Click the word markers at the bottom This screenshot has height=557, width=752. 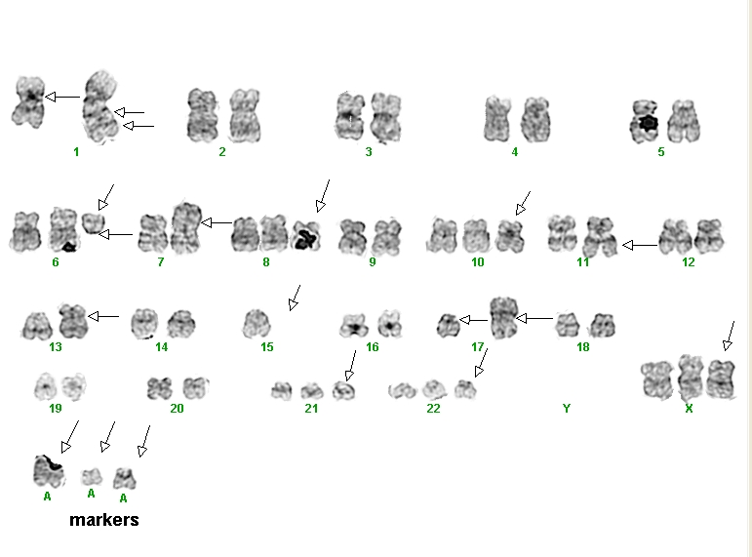(104, 520)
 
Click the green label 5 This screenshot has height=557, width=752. (661, 152)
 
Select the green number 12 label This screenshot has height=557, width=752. (689, 262)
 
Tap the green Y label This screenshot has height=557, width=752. (567, 409)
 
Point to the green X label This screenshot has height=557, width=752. (689, 409)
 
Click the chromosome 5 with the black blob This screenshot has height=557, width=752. (645, 121)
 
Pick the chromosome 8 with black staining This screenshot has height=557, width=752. (306, 235)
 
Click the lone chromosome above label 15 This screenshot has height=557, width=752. (257, 323)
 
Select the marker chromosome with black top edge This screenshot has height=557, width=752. (49, 471)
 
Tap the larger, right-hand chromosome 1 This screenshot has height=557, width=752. (100, 106)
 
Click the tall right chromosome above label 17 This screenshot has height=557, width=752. (503, 318)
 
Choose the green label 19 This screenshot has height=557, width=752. (56, 409)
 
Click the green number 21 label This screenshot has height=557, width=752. (311, 409)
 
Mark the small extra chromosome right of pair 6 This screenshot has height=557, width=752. (93, 223)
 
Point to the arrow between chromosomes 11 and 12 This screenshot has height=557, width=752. (640, 245)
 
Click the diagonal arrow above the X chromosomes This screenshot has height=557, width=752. (730, 336)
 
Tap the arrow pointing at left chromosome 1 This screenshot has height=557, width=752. (62, 97)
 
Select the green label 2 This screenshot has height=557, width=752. (222, 152)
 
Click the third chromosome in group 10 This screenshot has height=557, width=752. (510, 235)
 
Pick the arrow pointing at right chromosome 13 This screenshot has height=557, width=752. (103, 316)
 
